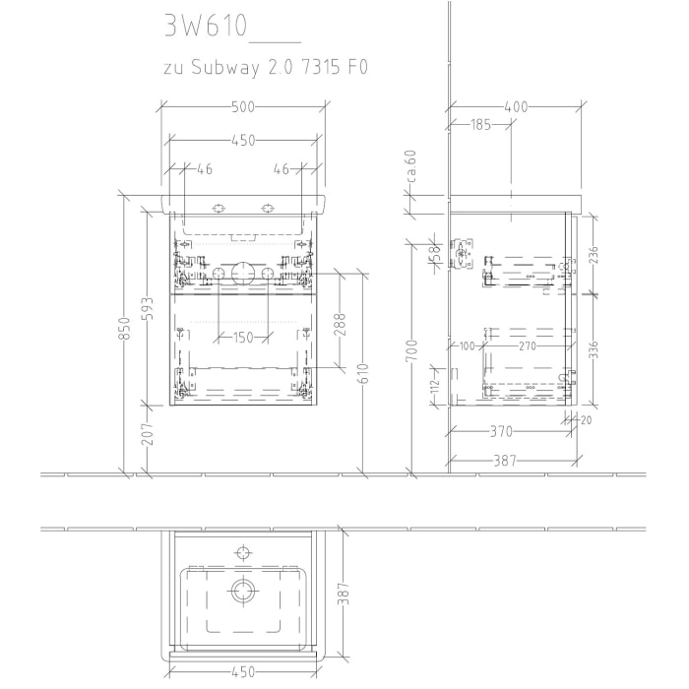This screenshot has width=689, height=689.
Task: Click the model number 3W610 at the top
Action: [204, 26]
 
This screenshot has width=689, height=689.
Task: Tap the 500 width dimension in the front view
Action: [243, 106]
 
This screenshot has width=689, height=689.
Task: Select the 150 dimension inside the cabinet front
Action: [243, 337]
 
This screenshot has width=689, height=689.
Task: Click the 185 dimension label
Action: [479, 124]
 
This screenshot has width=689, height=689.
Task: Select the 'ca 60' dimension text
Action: [413, 165]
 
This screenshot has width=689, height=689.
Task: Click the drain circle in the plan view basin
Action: [242, 591]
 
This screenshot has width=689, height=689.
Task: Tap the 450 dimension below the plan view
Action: [243, 672]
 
